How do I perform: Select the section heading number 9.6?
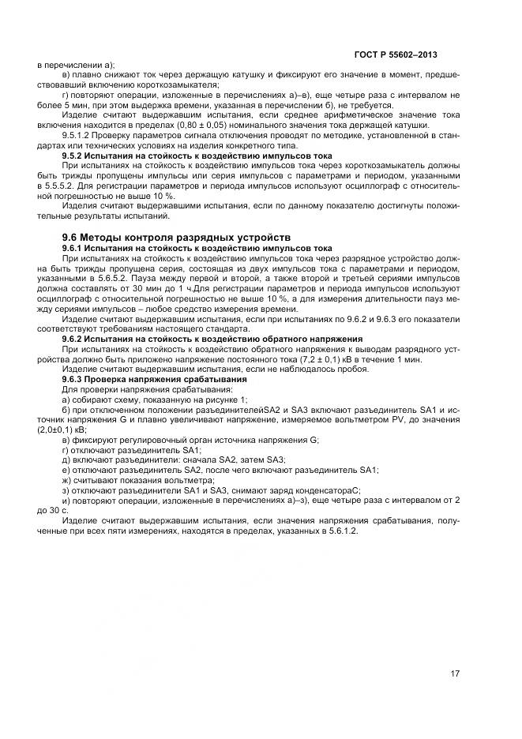point(72,237)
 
